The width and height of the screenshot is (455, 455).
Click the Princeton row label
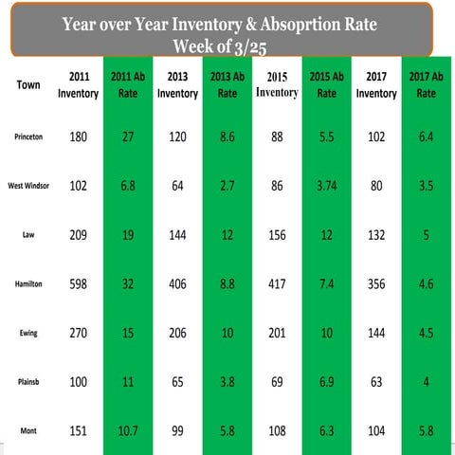(28, 136)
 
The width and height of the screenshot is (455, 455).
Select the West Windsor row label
(28, 187)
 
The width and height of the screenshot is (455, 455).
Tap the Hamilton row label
(28, 283)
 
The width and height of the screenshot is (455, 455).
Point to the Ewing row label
(28, 334)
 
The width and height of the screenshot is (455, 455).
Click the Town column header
(28, 84)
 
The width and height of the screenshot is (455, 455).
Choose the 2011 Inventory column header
(78, 84)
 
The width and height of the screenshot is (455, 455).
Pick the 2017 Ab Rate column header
(426, 84)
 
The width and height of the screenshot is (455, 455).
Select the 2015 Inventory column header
(277, 84)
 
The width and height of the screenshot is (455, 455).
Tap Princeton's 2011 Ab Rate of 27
(128, 136)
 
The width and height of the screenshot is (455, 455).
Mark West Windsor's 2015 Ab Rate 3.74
(326, 186)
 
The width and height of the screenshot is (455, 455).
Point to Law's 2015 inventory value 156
(277, 234)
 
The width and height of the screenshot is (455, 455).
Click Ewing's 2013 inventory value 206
(177, 333)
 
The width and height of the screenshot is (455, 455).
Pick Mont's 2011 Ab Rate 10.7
(128, 431)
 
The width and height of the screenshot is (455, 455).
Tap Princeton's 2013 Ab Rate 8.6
(227, 136)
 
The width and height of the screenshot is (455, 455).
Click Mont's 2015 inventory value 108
(277, 431)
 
